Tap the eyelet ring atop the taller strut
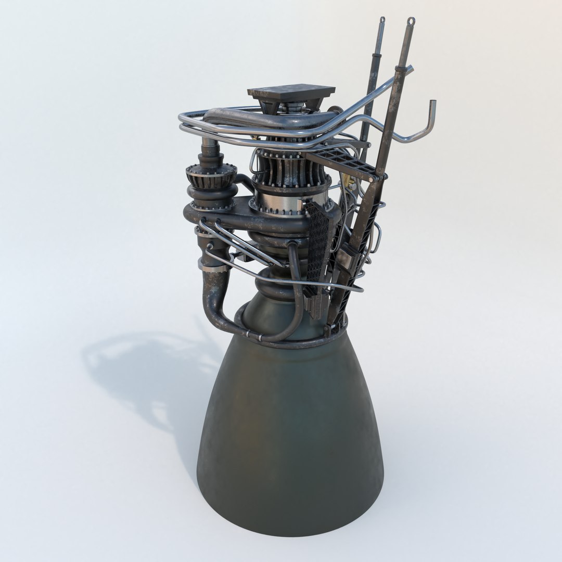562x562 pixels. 411,22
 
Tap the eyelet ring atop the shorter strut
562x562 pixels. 382,21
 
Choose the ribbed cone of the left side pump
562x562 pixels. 211,176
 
